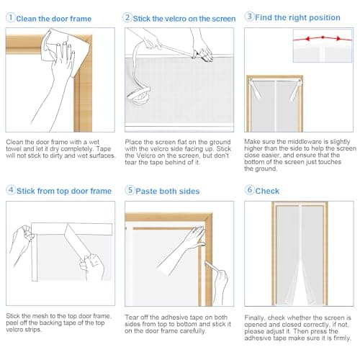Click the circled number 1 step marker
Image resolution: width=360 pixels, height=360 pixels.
10,17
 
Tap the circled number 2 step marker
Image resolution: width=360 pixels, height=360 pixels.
127,17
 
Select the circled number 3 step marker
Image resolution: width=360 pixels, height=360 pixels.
249,17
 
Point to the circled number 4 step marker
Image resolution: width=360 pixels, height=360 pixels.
11,190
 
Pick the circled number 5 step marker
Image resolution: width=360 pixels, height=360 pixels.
130,190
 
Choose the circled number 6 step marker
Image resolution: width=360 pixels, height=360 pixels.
249,190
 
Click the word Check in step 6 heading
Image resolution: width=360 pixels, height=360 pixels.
267,191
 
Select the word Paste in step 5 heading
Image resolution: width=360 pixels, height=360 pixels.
146,192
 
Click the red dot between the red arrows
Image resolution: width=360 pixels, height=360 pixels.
323,37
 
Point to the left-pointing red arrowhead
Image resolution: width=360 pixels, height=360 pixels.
307,38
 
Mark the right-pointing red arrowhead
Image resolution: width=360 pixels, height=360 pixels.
338,38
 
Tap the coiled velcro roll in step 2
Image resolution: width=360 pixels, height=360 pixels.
139,96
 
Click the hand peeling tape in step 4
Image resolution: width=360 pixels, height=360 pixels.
92,266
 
